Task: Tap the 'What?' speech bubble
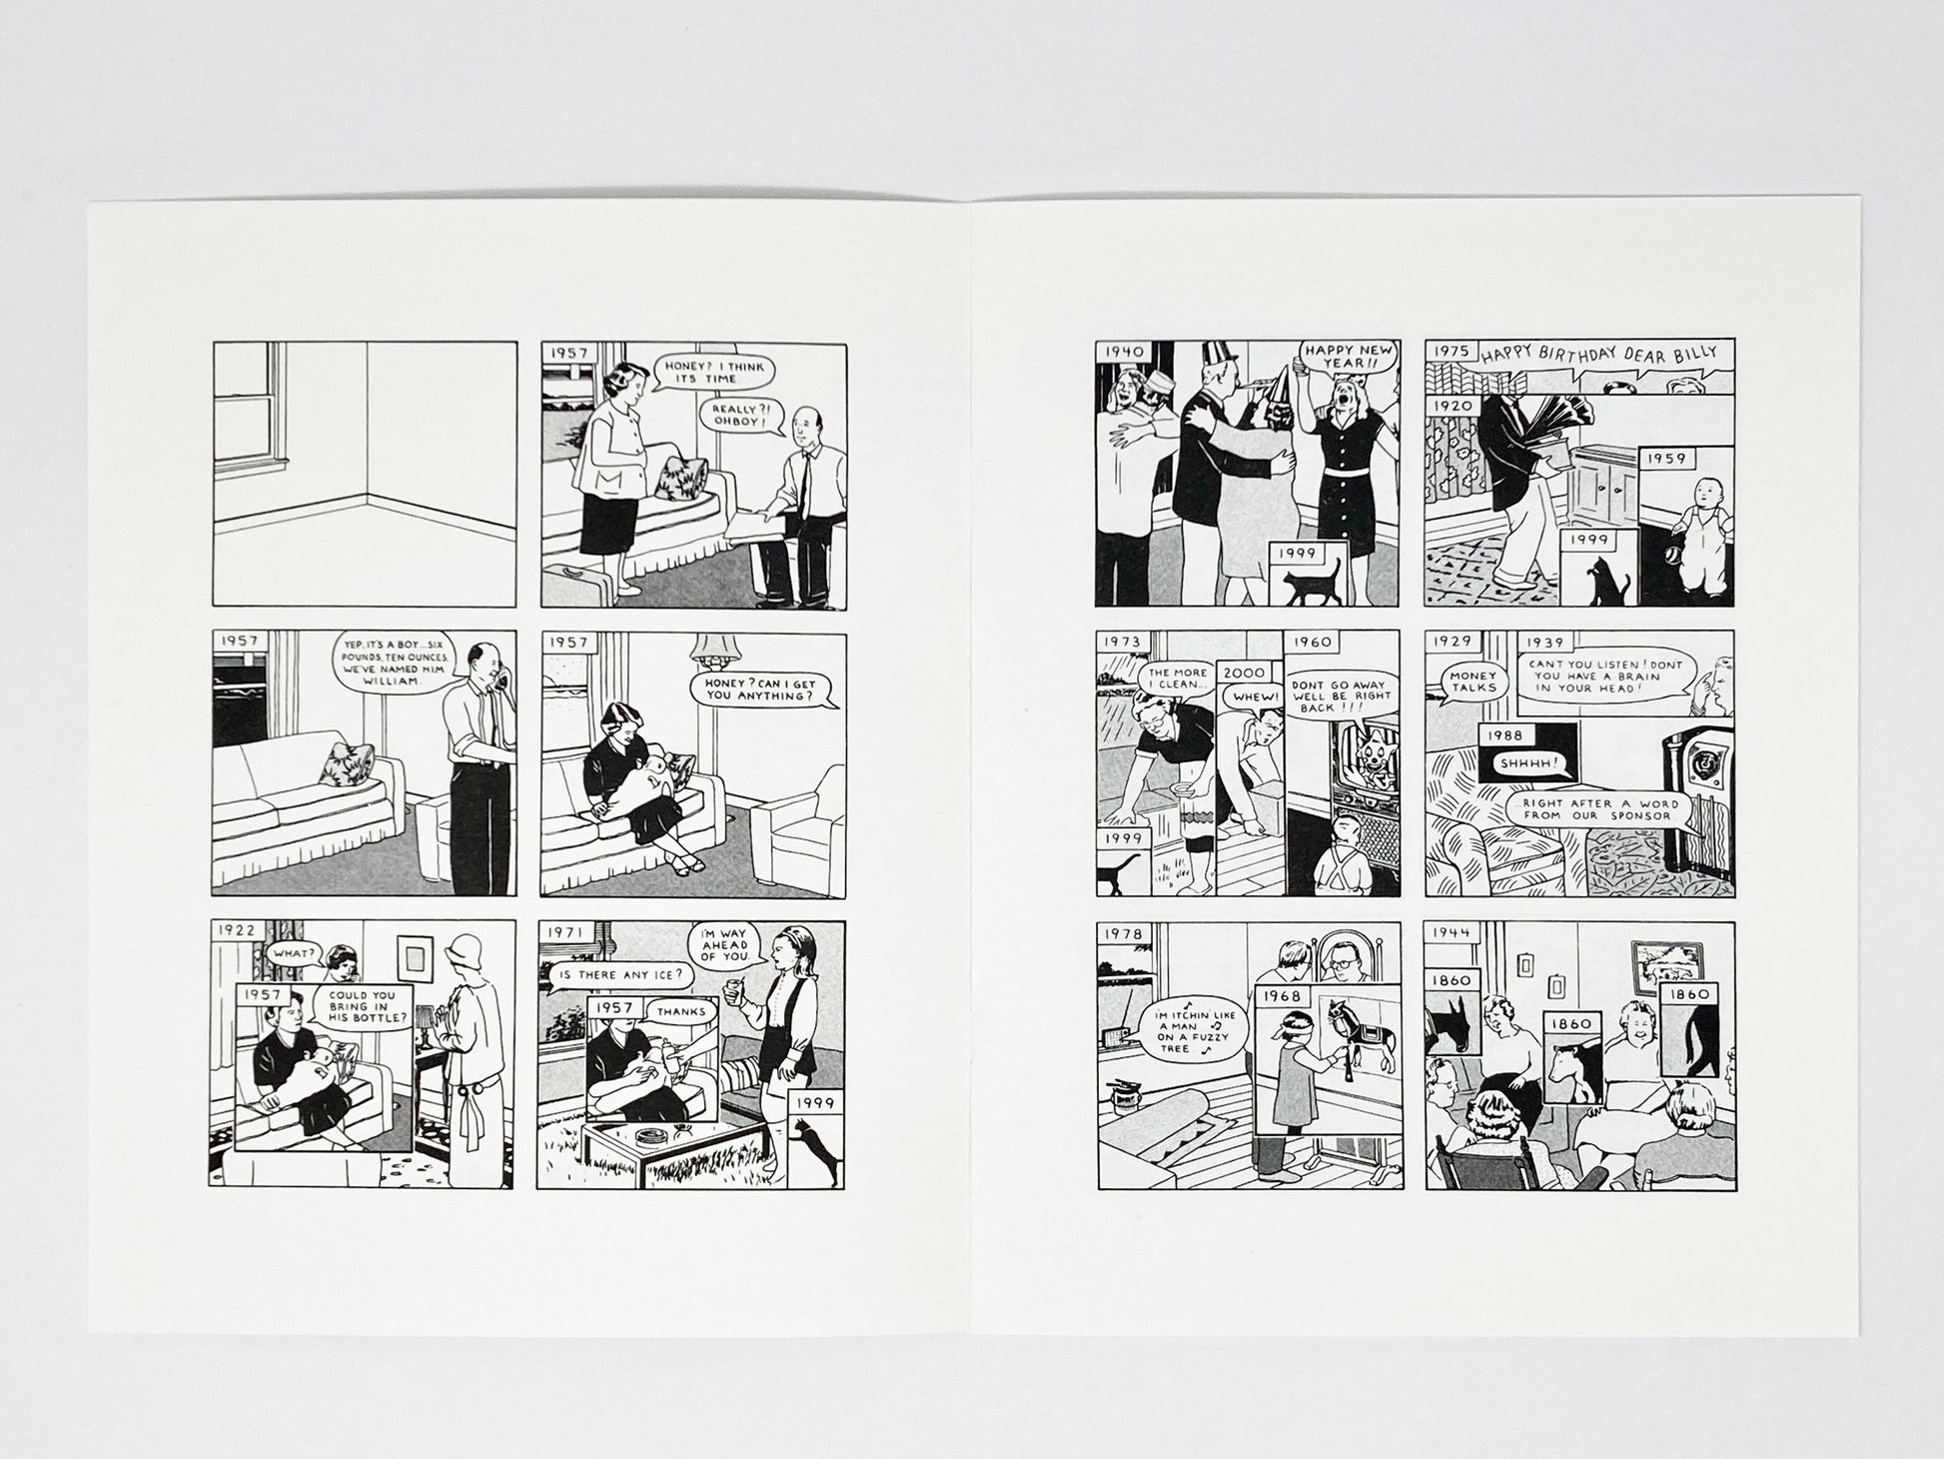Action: [292, 952]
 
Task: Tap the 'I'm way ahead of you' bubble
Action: [726, 944]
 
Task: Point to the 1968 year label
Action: [1282, 996]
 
